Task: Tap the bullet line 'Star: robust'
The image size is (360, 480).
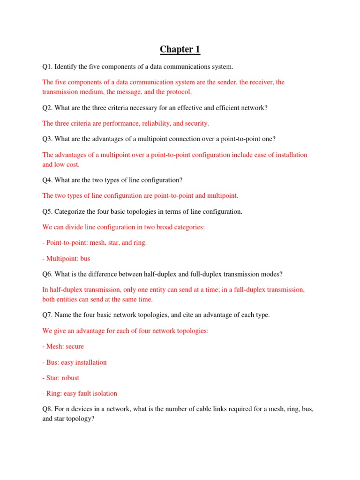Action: (61, 378)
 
